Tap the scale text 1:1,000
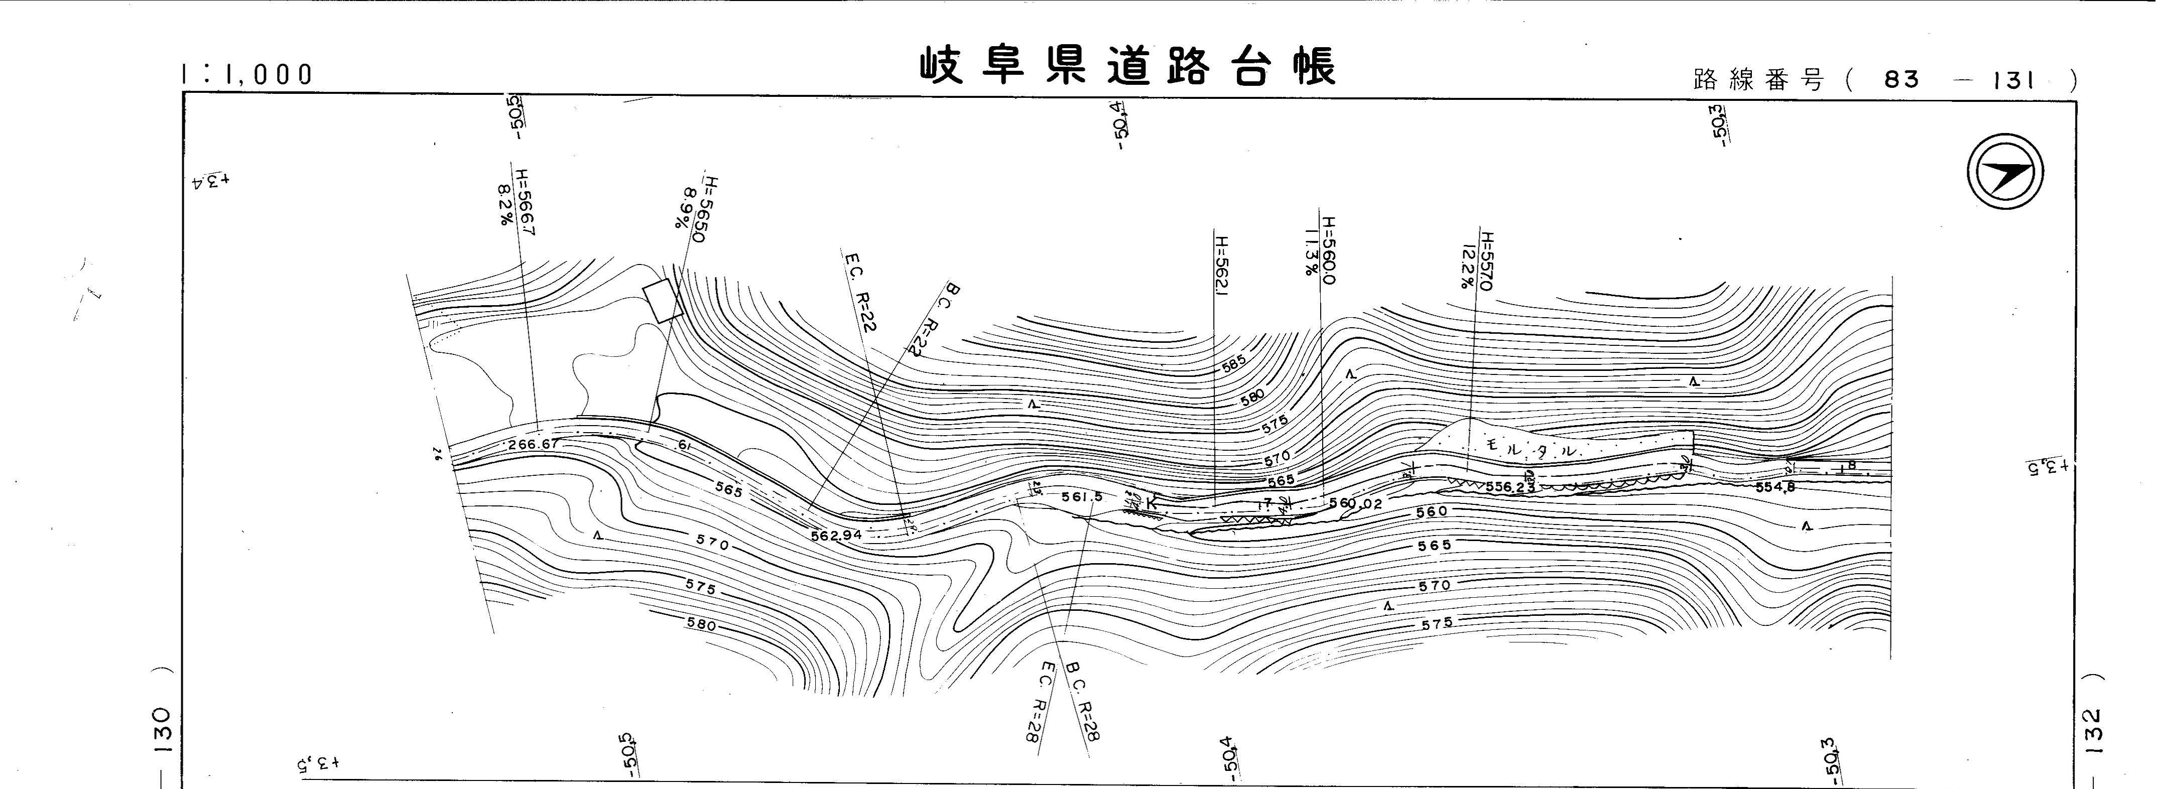pyautogui.click(x=246, y=75)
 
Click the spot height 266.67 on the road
pyautogui.click(x=533, y=445)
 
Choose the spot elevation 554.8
pyautogui.click(x=1774, y=487)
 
